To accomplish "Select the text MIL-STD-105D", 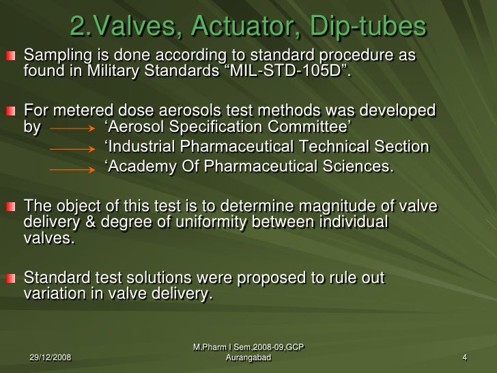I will coord(295,70).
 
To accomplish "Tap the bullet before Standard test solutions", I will coord(10,280).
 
